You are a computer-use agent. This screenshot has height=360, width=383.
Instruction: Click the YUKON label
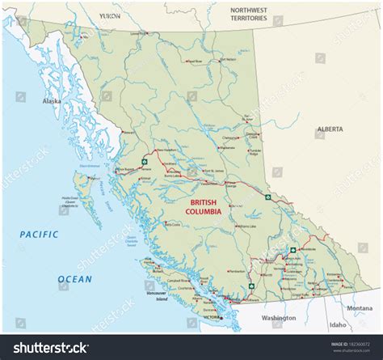(109, 15)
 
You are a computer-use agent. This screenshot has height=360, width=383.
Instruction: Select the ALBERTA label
(329, 129)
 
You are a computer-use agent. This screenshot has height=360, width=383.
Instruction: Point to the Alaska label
(52, 101)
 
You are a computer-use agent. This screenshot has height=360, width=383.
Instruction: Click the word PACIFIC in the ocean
(40, 235)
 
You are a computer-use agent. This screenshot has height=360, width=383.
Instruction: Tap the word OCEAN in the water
(74, 279)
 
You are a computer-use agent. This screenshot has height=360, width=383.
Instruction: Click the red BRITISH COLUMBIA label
(208, 207)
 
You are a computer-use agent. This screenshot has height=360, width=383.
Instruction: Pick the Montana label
(360, 308)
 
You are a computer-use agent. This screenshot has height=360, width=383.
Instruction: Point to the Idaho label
(337, 324)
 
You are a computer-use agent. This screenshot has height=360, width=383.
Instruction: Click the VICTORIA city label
(212, 318)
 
